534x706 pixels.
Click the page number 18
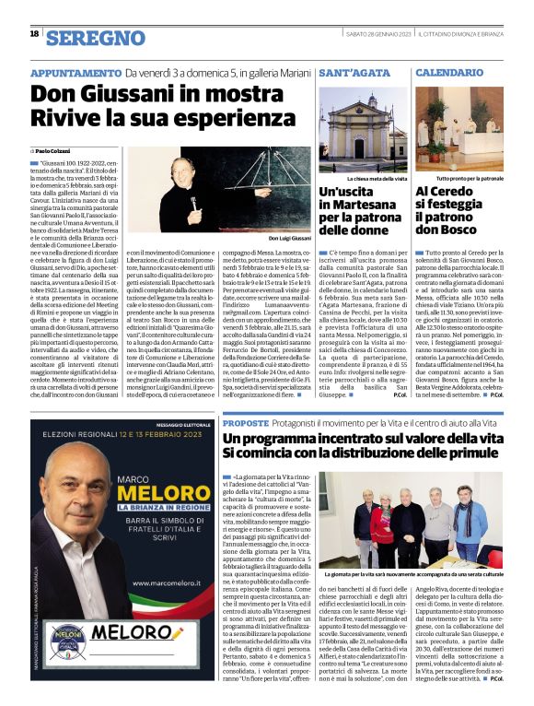[34, 34]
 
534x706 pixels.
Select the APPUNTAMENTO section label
[76, 73]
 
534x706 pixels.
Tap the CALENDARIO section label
[450, 72]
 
